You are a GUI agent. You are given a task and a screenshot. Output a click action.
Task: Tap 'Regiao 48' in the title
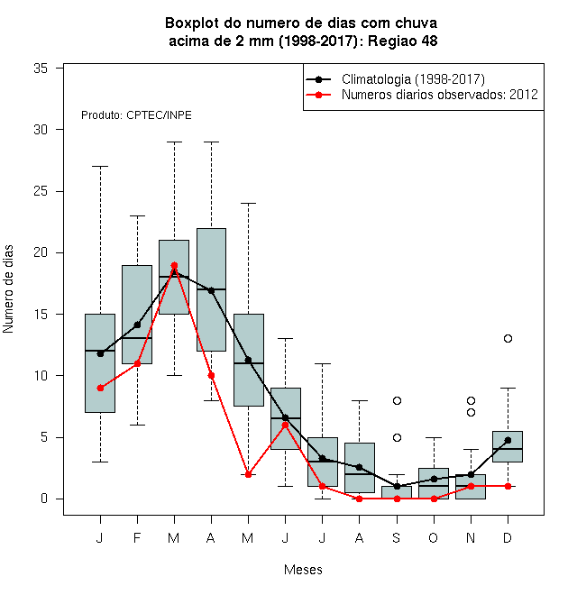click(403, 41)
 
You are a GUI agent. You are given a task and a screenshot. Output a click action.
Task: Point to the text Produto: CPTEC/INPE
click(136, 115)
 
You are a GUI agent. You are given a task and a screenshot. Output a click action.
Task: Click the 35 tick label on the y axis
click(41, 69)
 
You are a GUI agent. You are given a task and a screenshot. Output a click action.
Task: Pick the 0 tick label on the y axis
click(44, 499)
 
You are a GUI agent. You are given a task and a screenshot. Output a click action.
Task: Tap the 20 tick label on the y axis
click(41, 252)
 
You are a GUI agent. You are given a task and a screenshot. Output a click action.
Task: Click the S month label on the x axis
click(397, 537)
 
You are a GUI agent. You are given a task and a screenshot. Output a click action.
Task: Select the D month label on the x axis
click(508, 537)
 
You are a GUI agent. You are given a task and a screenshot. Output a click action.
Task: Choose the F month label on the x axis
click(137, 537)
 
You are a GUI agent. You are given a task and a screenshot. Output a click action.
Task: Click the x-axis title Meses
click(303, 570)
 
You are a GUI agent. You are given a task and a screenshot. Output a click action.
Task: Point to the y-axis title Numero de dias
click(8, 289)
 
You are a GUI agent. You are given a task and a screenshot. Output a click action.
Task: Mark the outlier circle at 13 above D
click(508, 338)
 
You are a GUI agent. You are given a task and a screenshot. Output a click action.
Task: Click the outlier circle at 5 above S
click(397, 437)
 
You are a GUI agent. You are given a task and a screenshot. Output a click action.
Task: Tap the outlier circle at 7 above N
click(472, 413)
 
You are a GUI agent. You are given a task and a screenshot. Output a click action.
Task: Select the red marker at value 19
click(174, 265)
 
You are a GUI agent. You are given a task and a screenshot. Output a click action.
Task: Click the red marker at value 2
click(248, 474)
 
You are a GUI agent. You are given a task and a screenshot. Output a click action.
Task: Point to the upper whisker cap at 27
click(100, 166)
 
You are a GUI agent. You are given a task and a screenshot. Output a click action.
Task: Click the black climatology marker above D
click(508, 440)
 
